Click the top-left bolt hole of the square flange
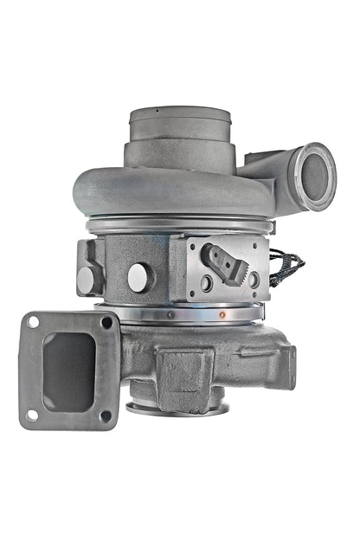[33, 322]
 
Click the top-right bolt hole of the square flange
[106, 322]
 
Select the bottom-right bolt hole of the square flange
[106, 416]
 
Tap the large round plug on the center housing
[139, 277]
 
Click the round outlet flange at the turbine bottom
[177, 409]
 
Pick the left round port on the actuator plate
[205, 282]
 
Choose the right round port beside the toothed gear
[252, 280]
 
